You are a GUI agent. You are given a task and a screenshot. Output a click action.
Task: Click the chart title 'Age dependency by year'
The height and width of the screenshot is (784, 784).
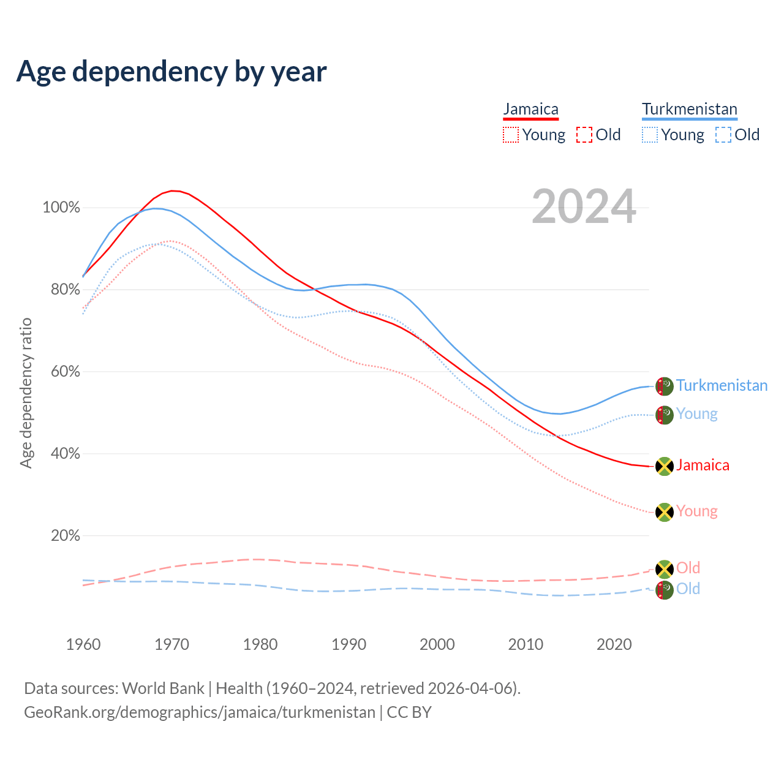point(171,72)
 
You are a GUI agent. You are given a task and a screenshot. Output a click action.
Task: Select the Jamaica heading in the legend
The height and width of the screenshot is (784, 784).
point(530,109)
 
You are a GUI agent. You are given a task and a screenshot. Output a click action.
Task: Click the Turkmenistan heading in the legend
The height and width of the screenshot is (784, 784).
point(689,109)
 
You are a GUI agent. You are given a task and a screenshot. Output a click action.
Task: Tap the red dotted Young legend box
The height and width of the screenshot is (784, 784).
point(511,135)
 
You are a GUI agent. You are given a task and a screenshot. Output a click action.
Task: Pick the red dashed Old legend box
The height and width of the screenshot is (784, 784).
point(584,135)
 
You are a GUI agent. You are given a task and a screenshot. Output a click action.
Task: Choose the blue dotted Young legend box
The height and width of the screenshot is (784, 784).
point(650,135)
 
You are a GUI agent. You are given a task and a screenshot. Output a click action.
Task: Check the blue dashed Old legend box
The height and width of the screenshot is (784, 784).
point(723,135)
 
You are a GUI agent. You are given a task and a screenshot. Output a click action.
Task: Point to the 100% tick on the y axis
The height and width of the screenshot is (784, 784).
point(61,208)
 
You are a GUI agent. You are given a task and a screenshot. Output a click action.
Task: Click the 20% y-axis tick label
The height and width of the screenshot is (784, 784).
point(66,536)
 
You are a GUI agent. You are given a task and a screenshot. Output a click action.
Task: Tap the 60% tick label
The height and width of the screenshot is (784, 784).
point(66,372)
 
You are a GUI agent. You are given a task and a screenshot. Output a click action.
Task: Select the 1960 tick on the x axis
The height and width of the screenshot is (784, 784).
point(83,644)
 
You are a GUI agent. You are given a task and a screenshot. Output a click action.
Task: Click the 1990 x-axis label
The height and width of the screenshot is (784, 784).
point(349,644)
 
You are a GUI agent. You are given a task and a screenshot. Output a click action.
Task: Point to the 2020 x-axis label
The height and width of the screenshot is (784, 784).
point(614,644)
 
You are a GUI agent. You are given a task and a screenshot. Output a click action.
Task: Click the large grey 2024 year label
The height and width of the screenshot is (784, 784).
point(584,207)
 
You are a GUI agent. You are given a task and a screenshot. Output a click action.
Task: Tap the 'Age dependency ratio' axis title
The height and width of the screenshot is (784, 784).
point(26,393)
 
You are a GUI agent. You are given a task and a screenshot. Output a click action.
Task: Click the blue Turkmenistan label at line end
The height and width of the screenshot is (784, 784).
point(722,385)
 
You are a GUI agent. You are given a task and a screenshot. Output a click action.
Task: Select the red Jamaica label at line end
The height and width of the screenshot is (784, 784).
point(703,465)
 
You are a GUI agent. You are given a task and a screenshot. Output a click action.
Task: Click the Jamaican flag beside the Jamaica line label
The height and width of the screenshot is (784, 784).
point(665,466)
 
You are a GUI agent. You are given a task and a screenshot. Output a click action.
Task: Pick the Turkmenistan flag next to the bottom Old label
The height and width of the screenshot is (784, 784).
point(665,590)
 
